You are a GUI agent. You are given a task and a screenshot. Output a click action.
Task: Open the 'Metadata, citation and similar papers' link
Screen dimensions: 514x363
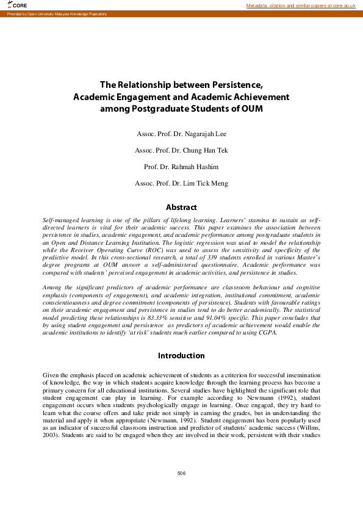301,5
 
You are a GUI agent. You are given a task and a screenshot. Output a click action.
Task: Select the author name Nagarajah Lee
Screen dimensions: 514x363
204,134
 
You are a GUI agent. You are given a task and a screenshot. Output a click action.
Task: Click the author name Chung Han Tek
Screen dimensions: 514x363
204,150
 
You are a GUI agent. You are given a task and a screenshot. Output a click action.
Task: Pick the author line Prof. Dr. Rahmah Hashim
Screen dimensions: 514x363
181,167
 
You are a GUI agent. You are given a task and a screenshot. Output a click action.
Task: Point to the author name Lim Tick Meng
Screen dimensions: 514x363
205,183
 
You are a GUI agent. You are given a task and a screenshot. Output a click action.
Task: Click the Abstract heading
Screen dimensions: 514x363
181,207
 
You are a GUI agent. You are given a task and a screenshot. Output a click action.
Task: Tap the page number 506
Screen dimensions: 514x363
181,474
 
